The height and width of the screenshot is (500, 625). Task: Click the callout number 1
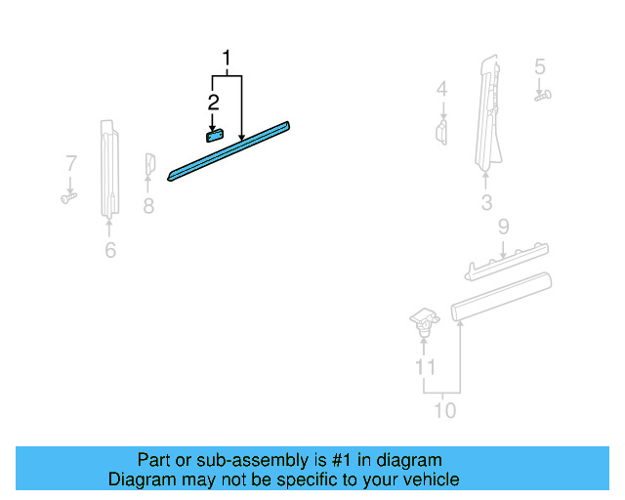[228, 60]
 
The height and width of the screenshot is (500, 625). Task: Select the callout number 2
[213, 101]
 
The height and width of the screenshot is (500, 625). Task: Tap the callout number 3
[486, 203]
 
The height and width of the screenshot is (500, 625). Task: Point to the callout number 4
[441, 90]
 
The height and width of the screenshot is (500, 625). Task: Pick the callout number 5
[539, 67]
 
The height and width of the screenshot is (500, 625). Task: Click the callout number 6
[110, 250]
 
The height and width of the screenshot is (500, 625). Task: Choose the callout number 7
[70, 162]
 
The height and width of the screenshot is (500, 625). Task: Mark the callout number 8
[148, 205]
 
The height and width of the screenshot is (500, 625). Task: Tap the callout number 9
[503, 228]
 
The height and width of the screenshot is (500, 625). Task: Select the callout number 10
[443, 410]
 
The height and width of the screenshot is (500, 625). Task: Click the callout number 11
[424, 367]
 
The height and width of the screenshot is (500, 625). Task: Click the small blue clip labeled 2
[215, 135]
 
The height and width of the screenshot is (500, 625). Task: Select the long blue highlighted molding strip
[230, 149]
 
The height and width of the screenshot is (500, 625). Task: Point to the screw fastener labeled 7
[68, 197]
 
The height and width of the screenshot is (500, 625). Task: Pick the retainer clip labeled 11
[423, 320]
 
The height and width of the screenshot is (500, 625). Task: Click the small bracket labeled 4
[441, 131]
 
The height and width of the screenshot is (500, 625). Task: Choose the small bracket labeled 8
[150, 165]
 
